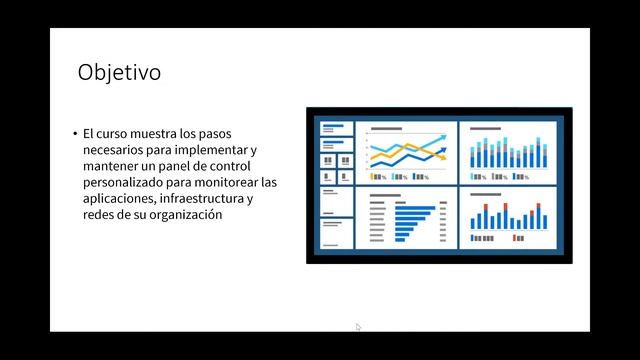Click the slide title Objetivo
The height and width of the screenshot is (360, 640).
pos(119,73)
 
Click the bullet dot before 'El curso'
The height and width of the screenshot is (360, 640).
pos(74,133)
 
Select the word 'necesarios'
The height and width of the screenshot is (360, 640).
pos(118,149)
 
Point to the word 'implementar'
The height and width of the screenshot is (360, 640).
pos(214,149)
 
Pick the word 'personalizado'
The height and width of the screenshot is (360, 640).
pos(127,182)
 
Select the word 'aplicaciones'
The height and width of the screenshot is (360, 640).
pos(120,199)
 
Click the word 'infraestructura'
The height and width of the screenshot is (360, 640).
pos(202,199)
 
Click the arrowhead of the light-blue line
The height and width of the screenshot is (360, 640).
pos(444,133)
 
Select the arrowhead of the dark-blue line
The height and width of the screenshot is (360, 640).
pos(443,147)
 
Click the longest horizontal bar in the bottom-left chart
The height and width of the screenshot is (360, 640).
pos(415,209)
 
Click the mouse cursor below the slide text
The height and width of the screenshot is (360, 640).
pos(358,326)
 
